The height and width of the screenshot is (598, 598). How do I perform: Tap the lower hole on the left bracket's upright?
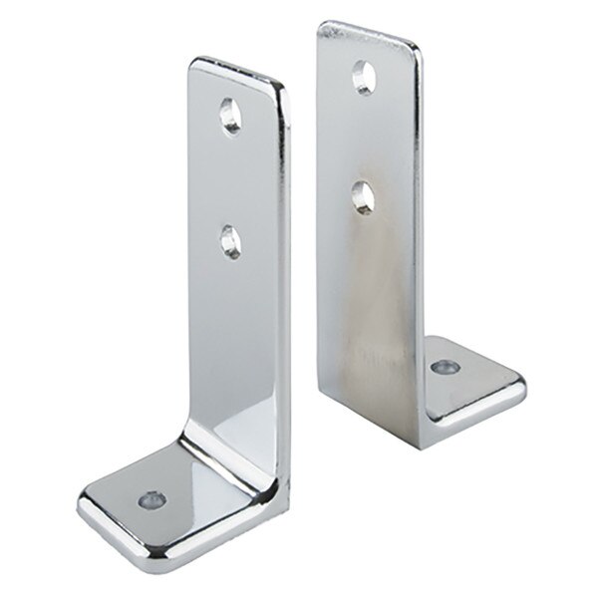(230, 242)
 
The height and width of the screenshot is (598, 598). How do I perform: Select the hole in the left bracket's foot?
(152, 495)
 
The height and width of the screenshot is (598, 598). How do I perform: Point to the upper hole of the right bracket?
(363, 77)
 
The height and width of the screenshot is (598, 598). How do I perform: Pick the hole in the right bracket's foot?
(442, 367)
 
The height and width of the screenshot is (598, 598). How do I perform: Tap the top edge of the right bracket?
(369, 30)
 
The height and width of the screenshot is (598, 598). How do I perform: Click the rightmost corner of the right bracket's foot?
(520, 381)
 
